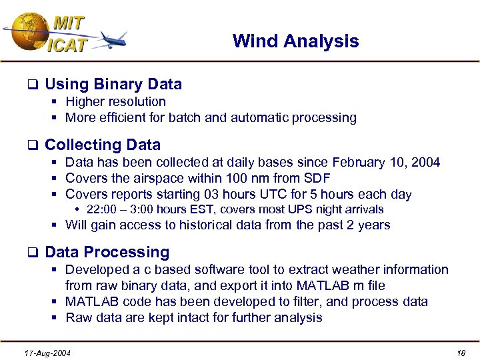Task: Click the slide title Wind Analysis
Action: [295, 41]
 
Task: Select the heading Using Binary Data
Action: [113, 84]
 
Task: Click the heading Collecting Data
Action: [103, 145]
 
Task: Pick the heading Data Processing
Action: [107, 252]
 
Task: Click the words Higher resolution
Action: [115, 102]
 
